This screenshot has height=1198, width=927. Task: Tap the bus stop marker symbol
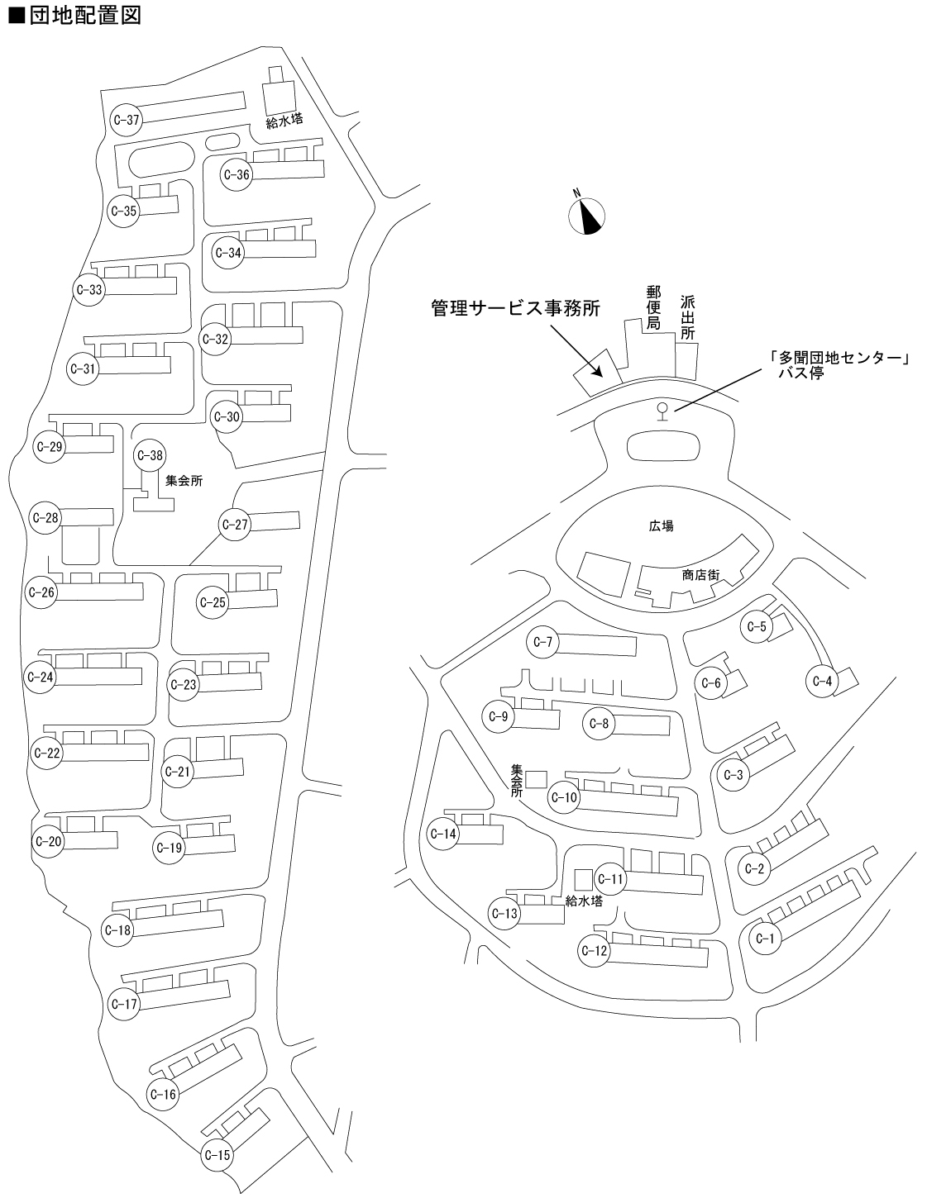(661, 410)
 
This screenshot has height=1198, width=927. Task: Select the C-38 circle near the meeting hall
(151, 455)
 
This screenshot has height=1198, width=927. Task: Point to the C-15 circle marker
(217, 1155)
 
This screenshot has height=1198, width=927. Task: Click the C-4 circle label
(822, 682)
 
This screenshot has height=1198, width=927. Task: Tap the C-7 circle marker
(543, 642)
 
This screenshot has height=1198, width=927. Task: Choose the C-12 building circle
(595, 951)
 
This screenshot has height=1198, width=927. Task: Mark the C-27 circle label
(236, 525)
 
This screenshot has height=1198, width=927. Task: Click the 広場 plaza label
(662, 525)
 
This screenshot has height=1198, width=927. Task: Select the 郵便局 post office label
(653, 307)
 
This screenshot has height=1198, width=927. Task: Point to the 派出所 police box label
(688, 317)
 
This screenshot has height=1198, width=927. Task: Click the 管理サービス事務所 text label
(514, 308)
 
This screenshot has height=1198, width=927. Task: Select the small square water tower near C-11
(583, 878)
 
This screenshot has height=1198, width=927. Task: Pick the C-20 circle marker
(50, 842)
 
